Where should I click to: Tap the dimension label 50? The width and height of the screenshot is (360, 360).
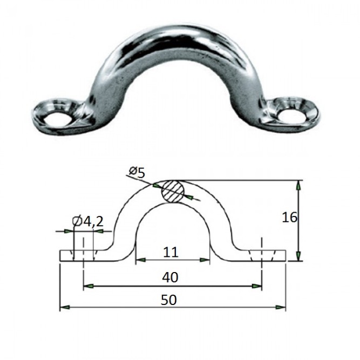[169, 300]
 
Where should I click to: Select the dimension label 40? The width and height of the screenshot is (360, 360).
[170, 277]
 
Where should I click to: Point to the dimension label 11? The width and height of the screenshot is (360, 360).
[171, 252]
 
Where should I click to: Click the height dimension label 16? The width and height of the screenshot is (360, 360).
[289, 218]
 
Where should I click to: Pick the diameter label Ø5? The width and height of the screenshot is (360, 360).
[137, 173]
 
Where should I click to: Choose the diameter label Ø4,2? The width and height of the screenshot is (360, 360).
[87, 222]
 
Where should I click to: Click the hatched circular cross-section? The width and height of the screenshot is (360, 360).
[173, 192]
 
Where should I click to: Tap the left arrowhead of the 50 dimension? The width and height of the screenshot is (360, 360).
[65, 307]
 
